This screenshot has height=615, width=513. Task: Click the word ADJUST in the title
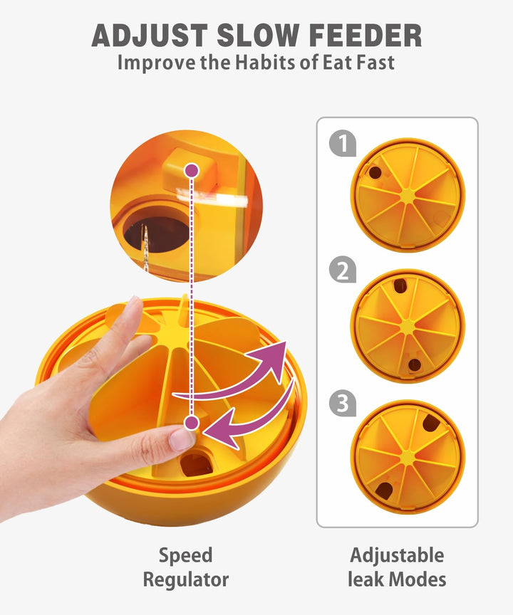150,36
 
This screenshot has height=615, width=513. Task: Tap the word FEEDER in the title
366,36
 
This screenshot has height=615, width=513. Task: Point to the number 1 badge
343,143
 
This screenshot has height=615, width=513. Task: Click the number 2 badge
343,270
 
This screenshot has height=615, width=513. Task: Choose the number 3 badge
343,403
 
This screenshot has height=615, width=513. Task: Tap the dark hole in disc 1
375,172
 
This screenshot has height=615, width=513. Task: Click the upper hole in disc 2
400,285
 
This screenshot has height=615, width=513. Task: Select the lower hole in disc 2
415,364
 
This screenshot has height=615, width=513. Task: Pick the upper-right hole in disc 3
431,422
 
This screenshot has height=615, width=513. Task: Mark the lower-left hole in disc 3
384,490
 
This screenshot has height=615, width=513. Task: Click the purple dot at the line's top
192,171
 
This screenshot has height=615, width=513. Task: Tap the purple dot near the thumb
192,423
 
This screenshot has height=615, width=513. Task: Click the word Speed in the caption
186,555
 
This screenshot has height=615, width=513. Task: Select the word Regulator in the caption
186,579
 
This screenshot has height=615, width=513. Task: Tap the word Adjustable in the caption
397,555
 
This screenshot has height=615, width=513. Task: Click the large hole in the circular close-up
157,229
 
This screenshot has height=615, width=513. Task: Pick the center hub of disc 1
408,195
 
